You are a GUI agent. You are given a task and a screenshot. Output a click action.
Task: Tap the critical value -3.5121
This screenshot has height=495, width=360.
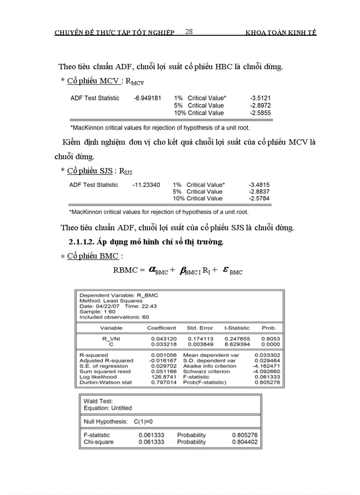tap(260, 98)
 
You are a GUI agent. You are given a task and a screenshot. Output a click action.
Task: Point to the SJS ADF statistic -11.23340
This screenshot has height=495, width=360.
tap(146, 185)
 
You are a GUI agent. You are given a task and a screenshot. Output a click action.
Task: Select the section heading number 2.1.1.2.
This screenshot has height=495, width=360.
tap(82, 242)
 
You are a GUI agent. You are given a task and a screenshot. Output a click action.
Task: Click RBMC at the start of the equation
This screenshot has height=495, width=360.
tap(126, 270)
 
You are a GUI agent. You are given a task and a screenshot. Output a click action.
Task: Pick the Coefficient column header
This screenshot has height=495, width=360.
tap(161, 328)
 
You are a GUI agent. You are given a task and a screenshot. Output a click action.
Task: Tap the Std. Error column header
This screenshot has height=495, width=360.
tap(200, 328)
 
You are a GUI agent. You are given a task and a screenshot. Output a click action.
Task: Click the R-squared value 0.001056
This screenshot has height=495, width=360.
tap(163, 355)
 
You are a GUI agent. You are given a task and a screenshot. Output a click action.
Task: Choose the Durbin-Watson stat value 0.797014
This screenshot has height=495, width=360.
tap(163, 382)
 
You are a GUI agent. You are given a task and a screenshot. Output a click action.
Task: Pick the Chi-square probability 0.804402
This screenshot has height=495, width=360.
tap(245, 442)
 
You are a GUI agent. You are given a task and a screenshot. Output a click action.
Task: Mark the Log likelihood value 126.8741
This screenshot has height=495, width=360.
tap(163, 377)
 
